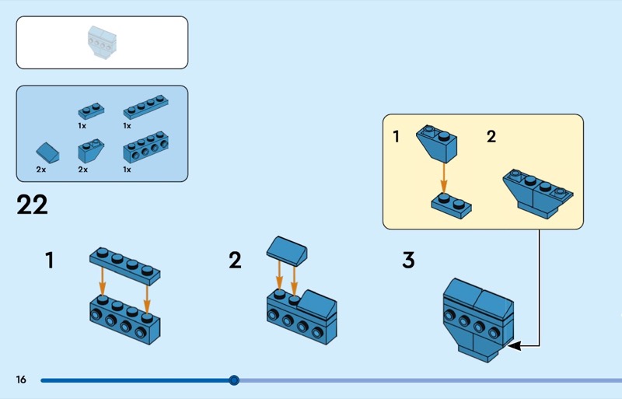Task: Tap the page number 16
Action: click(x=21, y=380)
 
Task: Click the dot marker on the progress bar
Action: click(x=234, y=380)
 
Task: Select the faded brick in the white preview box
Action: click(x=101, y=43)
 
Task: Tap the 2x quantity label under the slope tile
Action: click(x=40, y=169)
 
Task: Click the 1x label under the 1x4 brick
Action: click(x=128, y=169)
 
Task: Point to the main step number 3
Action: click(x=408, y=260)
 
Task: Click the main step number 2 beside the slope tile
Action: click(x=235, y=260)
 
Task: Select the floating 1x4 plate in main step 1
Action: click(x=125, y=262)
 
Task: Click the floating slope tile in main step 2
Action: click(x=287, y=250)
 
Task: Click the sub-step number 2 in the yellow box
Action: click(x=491, y=137)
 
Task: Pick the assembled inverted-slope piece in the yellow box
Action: click(x=536, y=192)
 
